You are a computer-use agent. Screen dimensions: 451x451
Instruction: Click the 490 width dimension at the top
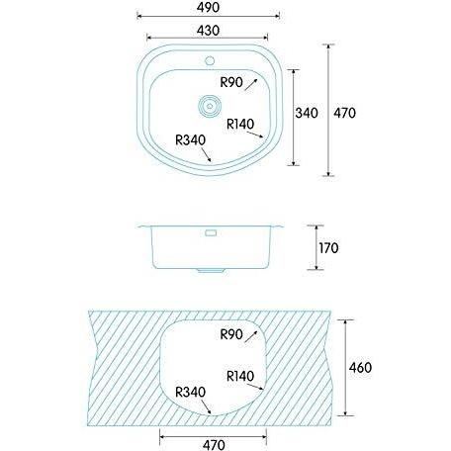pyautogui.click(x=208, y=7)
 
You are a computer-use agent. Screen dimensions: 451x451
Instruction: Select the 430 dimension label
pyautogui.click(x=208, y=31)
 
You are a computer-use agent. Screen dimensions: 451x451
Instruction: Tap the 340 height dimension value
pyautogui.click(x=307, y=113)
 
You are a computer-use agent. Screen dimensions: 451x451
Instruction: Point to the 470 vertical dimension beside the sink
pyautogui.click(x=344, y=113)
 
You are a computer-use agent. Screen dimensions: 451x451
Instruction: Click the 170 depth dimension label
pyautogui.click(x=328, y=248)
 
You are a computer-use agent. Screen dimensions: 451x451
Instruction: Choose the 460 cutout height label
pyautogui.click(x=360, y=367)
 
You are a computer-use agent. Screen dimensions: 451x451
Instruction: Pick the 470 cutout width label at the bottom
pyautogui.click(x=214, y=445)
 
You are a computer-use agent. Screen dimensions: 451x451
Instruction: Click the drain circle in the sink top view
pyautogui.click(x=210, y=106)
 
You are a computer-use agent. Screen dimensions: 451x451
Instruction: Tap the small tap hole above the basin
pyautogui.click(x=210, y=60)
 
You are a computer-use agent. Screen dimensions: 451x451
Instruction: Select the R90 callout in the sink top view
pyautogui.click(x=231, y=82)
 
